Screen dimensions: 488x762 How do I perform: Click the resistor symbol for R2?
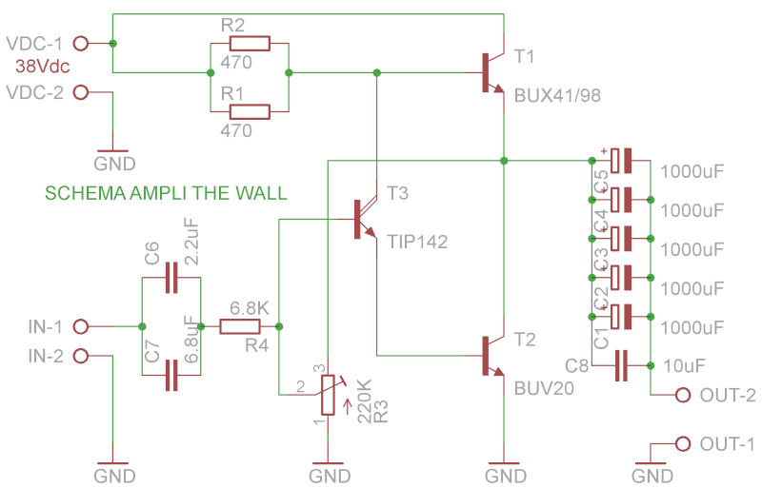click(249, 44)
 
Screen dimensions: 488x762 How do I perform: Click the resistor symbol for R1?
click(249, 111)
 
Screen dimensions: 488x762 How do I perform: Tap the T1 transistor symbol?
click(491, 72)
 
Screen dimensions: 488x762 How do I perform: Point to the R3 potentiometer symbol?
click(328, 395)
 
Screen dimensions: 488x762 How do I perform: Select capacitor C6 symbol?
click(171, 277)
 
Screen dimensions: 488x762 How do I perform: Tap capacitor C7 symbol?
click(171, 376)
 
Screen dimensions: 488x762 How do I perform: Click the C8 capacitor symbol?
click(621, 365)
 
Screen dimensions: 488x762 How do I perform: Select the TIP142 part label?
click(417, 242)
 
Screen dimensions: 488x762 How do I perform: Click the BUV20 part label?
click(544, 388)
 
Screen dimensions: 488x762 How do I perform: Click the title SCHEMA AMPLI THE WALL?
click(166, 193)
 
